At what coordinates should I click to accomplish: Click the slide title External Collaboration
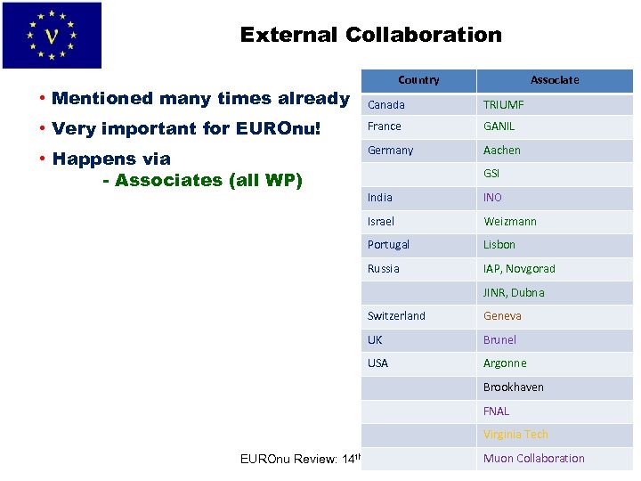pos(370,36)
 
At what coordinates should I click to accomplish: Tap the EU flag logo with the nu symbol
pos(52,36)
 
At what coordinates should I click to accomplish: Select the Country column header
pos(418,80)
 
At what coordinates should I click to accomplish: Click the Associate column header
pos(554,80)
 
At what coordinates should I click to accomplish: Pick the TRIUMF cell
pos(504,104)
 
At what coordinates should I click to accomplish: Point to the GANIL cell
pos(499,126)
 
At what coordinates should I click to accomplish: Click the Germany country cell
pos(391,151)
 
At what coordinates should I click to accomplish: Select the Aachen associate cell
pos(502,151)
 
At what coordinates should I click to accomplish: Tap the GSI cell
pos(491,174)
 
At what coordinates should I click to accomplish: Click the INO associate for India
pos(492,198)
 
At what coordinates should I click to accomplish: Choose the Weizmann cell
pos(510,221)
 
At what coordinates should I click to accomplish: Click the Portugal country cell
pos(389,245)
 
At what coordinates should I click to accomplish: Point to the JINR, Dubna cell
pos(514,292)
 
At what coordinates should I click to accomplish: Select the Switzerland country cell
pos(397,316)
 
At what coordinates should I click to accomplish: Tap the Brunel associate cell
pos(499,339)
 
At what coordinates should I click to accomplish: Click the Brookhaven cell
pos(513,387)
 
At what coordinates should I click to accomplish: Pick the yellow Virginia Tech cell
pos(515,435)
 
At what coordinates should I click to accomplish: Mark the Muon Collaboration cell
pos(533,459)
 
